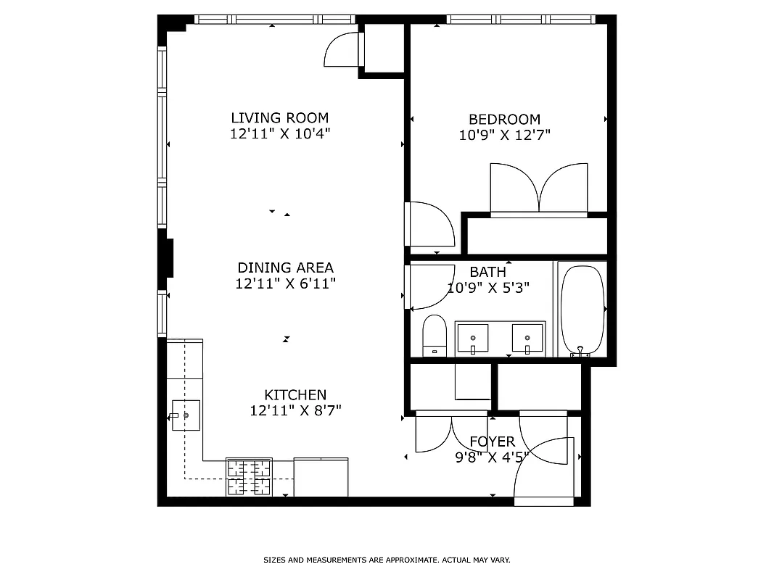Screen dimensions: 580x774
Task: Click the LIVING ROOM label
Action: [x=279, y=118]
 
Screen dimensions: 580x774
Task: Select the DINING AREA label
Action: [x=285, y=268]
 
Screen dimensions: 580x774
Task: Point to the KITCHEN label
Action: [x=295, y=395]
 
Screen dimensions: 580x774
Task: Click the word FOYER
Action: [x=492, y=442]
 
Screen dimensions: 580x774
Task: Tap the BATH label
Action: [x=487, y=272]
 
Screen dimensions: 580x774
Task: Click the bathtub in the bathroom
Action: [x=582, y=310]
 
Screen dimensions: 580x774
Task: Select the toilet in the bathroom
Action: [x=434, y=336]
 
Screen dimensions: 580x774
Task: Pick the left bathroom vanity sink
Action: [x=472, y=338]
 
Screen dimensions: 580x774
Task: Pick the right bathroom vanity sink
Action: [x=527, y=338]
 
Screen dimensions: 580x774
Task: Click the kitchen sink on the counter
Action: [x=186, y=415]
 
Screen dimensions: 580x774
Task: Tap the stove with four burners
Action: [x=249, y=478]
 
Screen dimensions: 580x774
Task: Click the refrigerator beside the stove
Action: [x=321, y=477]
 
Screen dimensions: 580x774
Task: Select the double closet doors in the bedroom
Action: [x=538, y=189]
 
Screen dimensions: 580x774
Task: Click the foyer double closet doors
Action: [x=451, y=432]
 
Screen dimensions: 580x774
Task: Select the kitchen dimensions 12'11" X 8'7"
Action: [x=295, y=411]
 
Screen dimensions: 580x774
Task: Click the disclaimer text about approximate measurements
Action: [x=387, y=560]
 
